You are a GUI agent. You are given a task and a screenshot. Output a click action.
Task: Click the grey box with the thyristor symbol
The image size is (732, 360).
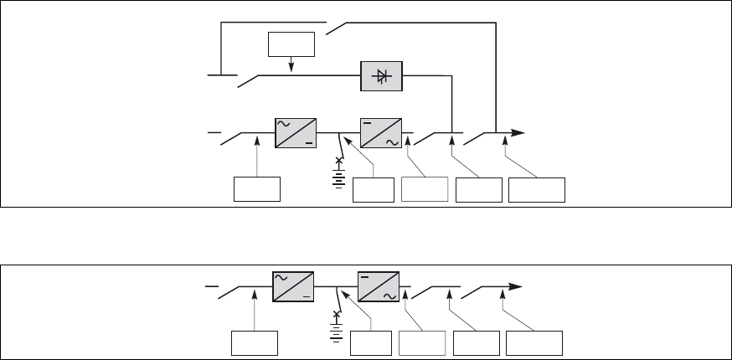click(x=382, y=76)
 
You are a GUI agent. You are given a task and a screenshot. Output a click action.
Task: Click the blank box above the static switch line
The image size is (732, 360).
click(x=291, y=44)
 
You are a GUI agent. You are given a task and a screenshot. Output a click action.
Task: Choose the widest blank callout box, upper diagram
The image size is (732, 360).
click(x=537, y=190)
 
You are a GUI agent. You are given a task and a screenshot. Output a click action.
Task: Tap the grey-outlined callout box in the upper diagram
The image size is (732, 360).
click(x=424, y=190)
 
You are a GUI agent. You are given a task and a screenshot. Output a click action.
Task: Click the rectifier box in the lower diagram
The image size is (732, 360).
click(x=293, y=285)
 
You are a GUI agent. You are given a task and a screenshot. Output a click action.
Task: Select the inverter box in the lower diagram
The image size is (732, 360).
click(x=379, y=285)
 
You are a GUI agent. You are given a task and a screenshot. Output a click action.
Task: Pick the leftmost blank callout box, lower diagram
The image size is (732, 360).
click(x=254, y=344)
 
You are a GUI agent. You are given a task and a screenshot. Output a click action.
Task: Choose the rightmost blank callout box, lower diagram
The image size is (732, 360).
click(x=534, y=344)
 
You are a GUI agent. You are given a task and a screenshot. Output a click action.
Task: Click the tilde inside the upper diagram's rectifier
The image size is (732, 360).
click(x=286, y=122)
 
